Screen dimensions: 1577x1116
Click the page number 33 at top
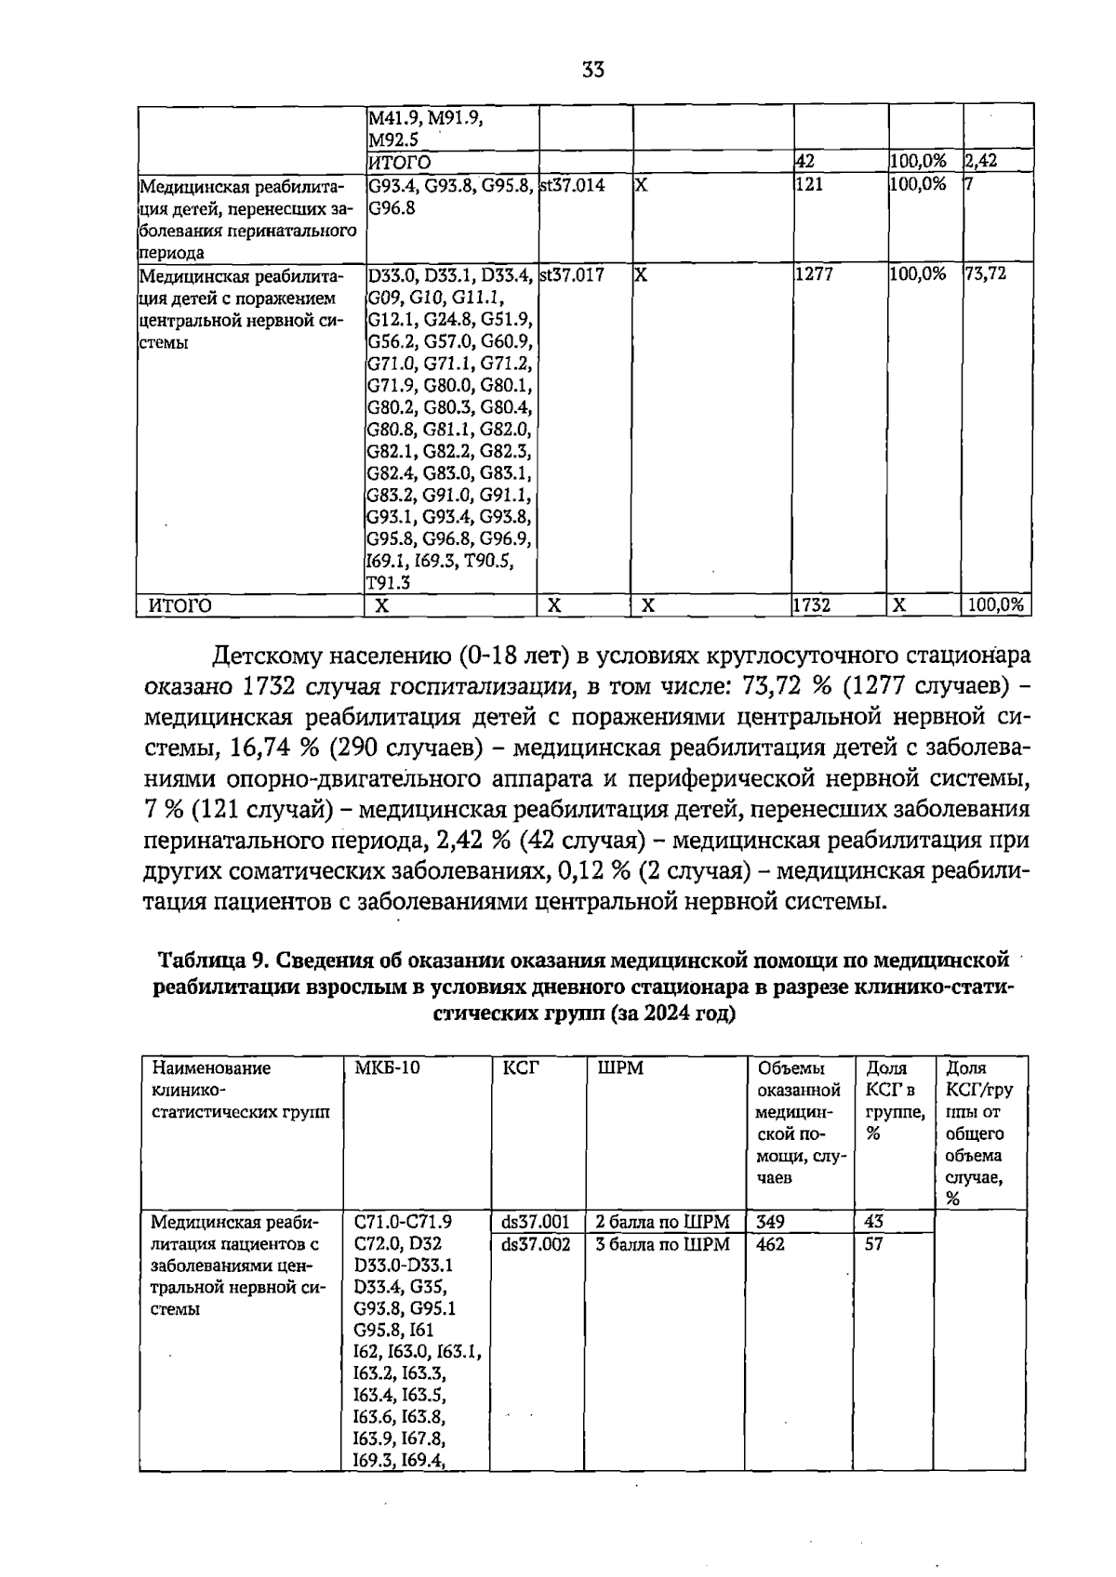[593, 70]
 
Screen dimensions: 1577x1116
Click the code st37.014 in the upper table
[572, 185]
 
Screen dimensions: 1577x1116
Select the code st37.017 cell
[572, 275]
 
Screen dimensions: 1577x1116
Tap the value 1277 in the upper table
[814, 275]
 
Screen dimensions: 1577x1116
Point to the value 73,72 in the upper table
[986, 275]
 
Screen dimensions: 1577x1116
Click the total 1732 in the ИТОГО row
[811, 606]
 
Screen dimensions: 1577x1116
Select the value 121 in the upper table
[809, 185]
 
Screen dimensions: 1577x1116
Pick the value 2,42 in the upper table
[981, 162]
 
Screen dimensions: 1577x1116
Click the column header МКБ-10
[388, 1068]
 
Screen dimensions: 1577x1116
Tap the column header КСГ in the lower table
[521, 1068]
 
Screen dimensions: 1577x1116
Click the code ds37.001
[536, 1222]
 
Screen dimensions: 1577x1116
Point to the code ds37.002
[536, 1244]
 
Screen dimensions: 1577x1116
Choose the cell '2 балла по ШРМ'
[663, 1222]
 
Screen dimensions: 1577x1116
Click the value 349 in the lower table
[771, 1222]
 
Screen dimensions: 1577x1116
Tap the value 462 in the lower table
[771, 1244]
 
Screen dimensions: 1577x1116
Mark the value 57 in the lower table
[874, 1244]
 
